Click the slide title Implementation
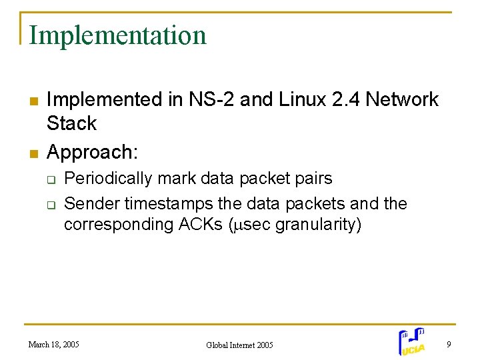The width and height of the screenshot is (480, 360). [118, 35]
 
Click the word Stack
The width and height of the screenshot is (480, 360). [71, 123]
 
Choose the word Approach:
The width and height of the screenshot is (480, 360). [93, 153]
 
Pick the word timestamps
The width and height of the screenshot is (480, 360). [172, 203]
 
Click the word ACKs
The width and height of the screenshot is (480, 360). [203, 225]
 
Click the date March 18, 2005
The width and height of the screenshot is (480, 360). [53, 345]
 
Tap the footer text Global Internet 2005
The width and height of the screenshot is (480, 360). [239, 345]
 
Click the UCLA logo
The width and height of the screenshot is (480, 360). [413, 341]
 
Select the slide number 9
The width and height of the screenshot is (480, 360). [449, 345]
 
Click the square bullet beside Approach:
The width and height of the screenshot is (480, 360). [31, 153]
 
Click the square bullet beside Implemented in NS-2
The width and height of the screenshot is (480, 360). [31, 101]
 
